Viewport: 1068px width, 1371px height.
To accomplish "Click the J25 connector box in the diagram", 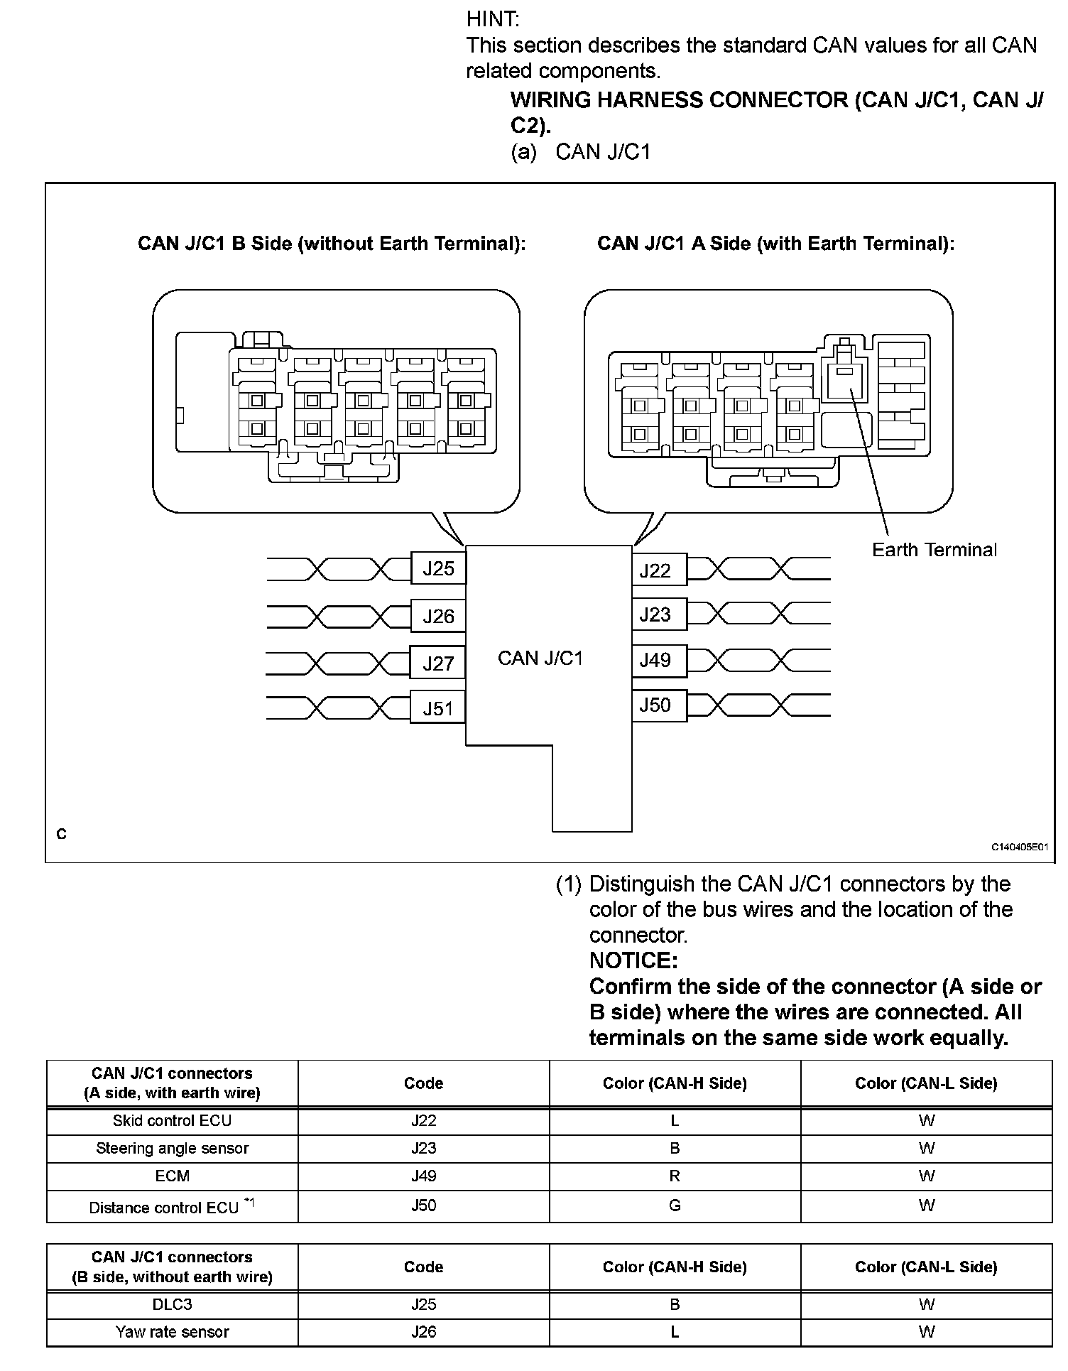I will [x=438, y=568].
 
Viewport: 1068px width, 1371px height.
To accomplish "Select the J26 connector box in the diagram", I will [x=438, y=616].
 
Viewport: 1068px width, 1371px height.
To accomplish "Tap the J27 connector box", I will [x=438, y=663].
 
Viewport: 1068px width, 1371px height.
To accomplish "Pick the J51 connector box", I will [x=437, y=708].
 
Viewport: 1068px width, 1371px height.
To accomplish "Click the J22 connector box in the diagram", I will [x=658, y=570].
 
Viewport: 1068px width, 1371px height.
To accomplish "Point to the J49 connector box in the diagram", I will [x=658, y=660].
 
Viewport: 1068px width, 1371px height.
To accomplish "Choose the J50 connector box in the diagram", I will [x=658, y=705].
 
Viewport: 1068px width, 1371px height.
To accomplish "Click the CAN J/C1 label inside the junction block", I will [x=540, y=658].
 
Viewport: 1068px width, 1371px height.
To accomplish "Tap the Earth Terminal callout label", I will [x=934, y=550].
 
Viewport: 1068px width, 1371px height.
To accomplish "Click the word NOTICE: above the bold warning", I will [x=633, y=960].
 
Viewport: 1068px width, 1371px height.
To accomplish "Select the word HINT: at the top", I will [x=493, y=19].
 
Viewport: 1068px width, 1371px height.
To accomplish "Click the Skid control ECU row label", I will [x=172, y=1120].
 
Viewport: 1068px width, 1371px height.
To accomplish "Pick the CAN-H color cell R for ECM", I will [x=675, y=1176].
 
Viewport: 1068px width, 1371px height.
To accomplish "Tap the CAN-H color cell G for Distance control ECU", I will [x=675, y=1205].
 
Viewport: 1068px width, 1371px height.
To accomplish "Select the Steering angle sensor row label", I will [x=172, y=1148].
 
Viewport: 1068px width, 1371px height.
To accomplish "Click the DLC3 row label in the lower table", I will [x=172, y=1304].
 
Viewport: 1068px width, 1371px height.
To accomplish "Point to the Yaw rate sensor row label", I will [x=172, y=1332].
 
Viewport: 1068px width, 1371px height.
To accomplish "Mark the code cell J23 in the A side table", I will [x=423, y=1148].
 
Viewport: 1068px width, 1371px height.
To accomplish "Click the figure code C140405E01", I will [x=1020, y=847].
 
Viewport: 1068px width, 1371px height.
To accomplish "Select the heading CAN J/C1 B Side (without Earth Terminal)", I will [x=332, y=244].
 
